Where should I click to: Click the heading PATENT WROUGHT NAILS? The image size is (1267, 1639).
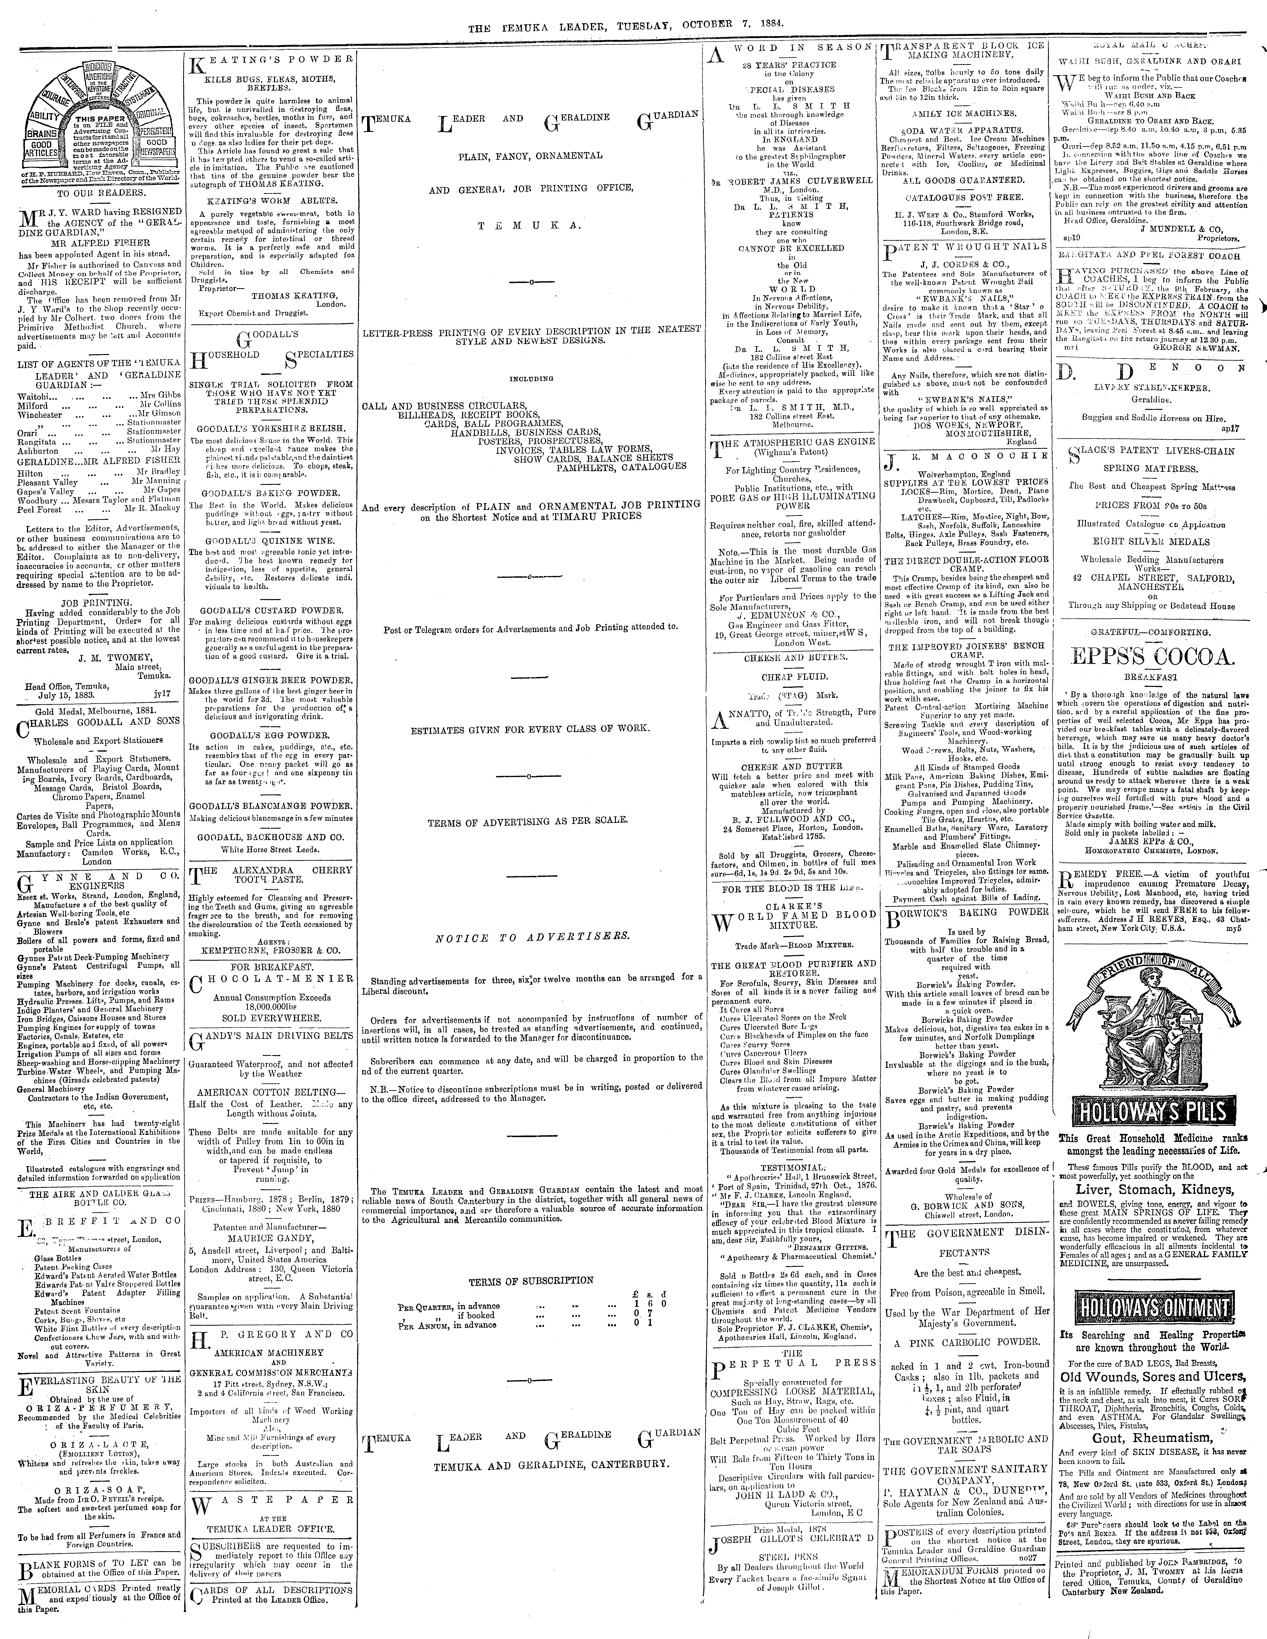click(x=967, y=247)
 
